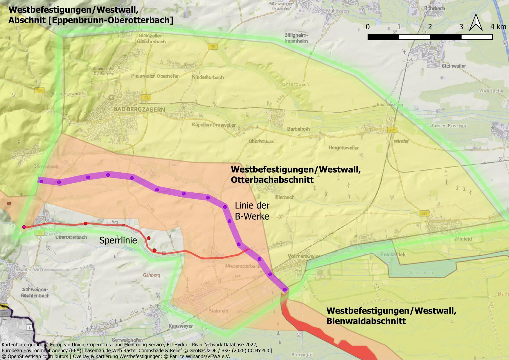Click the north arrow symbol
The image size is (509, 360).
[476, 23]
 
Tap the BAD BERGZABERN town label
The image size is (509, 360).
[139, 110]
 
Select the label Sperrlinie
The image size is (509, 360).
[118, 240]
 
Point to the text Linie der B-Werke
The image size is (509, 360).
[252, 211]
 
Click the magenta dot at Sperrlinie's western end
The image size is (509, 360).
[24, 227]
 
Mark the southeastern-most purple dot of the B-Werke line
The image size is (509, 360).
[285, 289]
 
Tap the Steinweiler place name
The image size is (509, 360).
[454, 66]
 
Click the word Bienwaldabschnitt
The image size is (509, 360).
[366, 321]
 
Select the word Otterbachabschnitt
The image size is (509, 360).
[272, 180]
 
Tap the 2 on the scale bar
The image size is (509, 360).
[430, 27]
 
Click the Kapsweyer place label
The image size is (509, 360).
[181, 326]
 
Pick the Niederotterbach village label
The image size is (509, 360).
[243, 266]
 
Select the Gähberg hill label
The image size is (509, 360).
[151, 275]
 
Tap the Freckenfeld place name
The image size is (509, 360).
[393, 255]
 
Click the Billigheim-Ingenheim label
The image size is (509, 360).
[296, 38]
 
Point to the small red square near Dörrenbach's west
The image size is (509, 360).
[9, 204]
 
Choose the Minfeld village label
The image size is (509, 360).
[463, 239]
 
